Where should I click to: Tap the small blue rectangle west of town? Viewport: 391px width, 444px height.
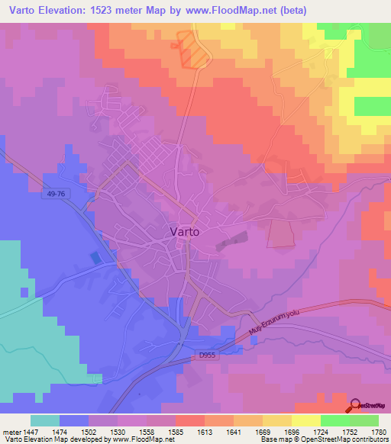94,258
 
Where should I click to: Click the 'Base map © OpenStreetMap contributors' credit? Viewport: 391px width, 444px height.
324,439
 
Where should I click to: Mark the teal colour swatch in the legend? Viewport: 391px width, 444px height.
45,420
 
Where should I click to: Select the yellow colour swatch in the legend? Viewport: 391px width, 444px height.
306,420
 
